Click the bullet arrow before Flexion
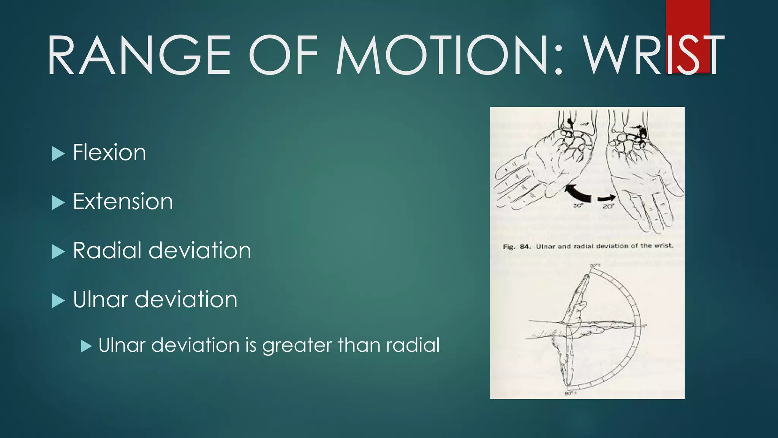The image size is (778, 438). point(58,154)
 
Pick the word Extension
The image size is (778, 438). point(123,202)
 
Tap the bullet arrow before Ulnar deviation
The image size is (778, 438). point(58,300)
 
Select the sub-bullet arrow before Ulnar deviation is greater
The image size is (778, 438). point(86,346)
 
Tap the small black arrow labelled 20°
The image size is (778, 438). point(607,198)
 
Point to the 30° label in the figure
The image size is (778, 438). point(578,206)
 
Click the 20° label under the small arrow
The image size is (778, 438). point(608,206)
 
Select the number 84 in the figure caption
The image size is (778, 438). point(525,246)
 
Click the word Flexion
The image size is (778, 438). point(109,153)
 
